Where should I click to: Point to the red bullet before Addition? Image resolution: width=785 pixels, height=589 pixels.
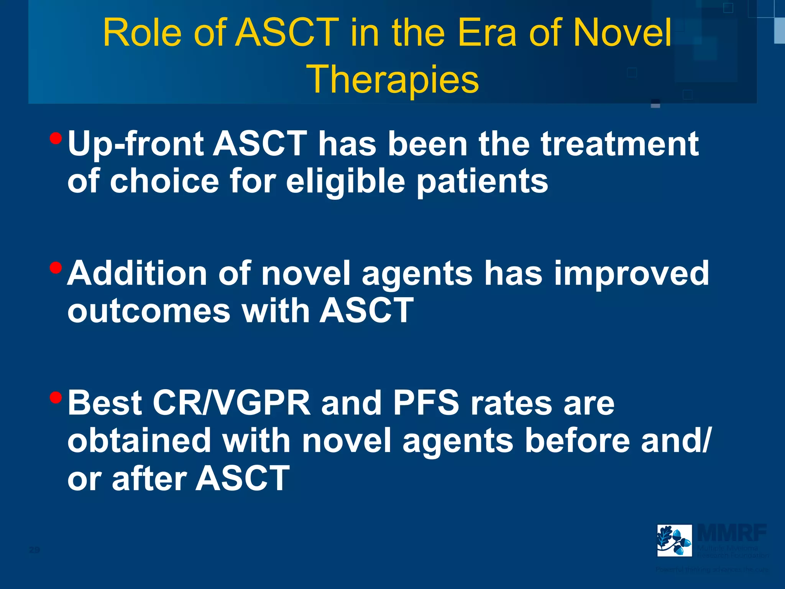coord(56,268)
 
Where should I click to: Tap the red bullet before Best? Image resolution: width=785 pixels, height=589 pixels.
coord(56,397)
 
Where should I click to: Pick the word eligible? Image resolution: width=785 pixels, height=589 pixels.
coord(345,182)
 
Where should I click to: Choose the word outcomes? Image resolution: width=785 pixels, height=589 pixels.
coord(149,311)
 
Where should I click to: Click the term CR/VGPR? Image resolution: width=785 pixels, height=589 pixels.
coord(232,403)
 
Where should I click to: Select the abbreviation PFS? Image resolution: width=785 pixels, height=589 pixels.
coord(426,403)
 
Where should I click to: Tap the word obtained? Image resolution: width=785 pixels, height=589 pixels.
coord(139,441)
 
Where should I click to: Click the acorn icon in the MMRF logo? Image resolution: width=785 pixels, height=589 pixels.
coord(674,540)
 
